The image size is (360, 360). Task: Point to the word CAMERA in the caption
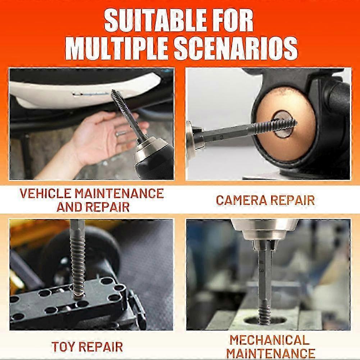click(x=241, y=200)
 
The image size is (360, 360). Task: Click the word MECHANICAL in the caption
click(x=269, y=340)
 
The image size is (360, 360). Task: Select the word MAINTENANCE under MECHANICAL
click(x=271, y=353)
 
